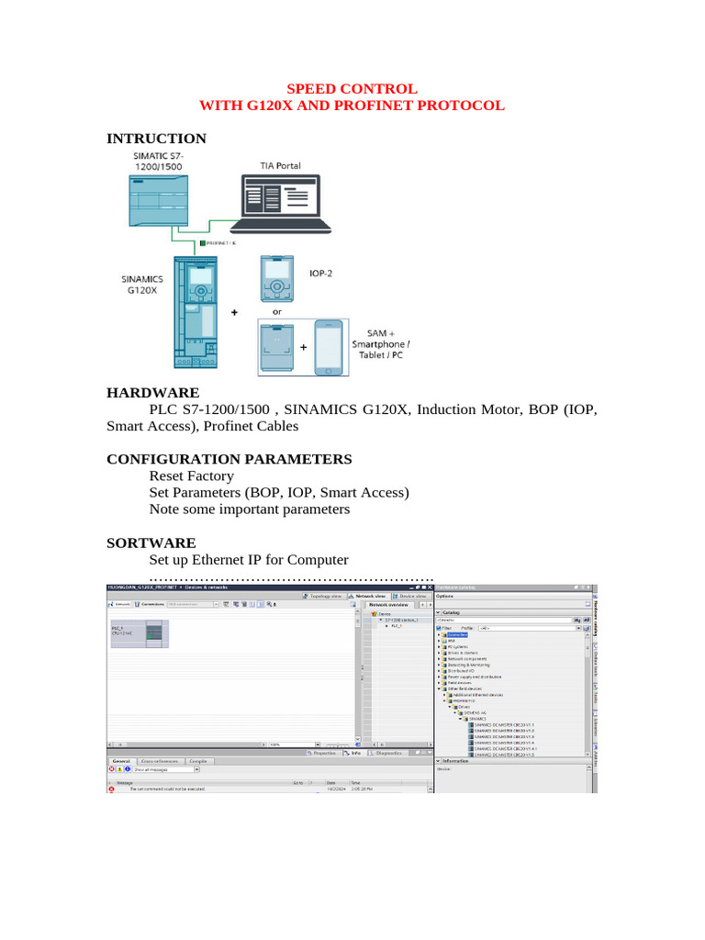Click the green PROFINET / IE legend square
(202, 243)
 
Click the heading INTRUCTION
(156, 139)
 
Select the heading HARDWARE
(152, 392)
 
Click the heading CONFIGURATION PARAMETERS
(229, 458)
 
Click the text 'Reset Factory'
(191, 476)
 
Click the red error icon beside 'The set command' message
(112, 789)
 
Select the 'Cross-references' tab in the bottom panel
(160, 761)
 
